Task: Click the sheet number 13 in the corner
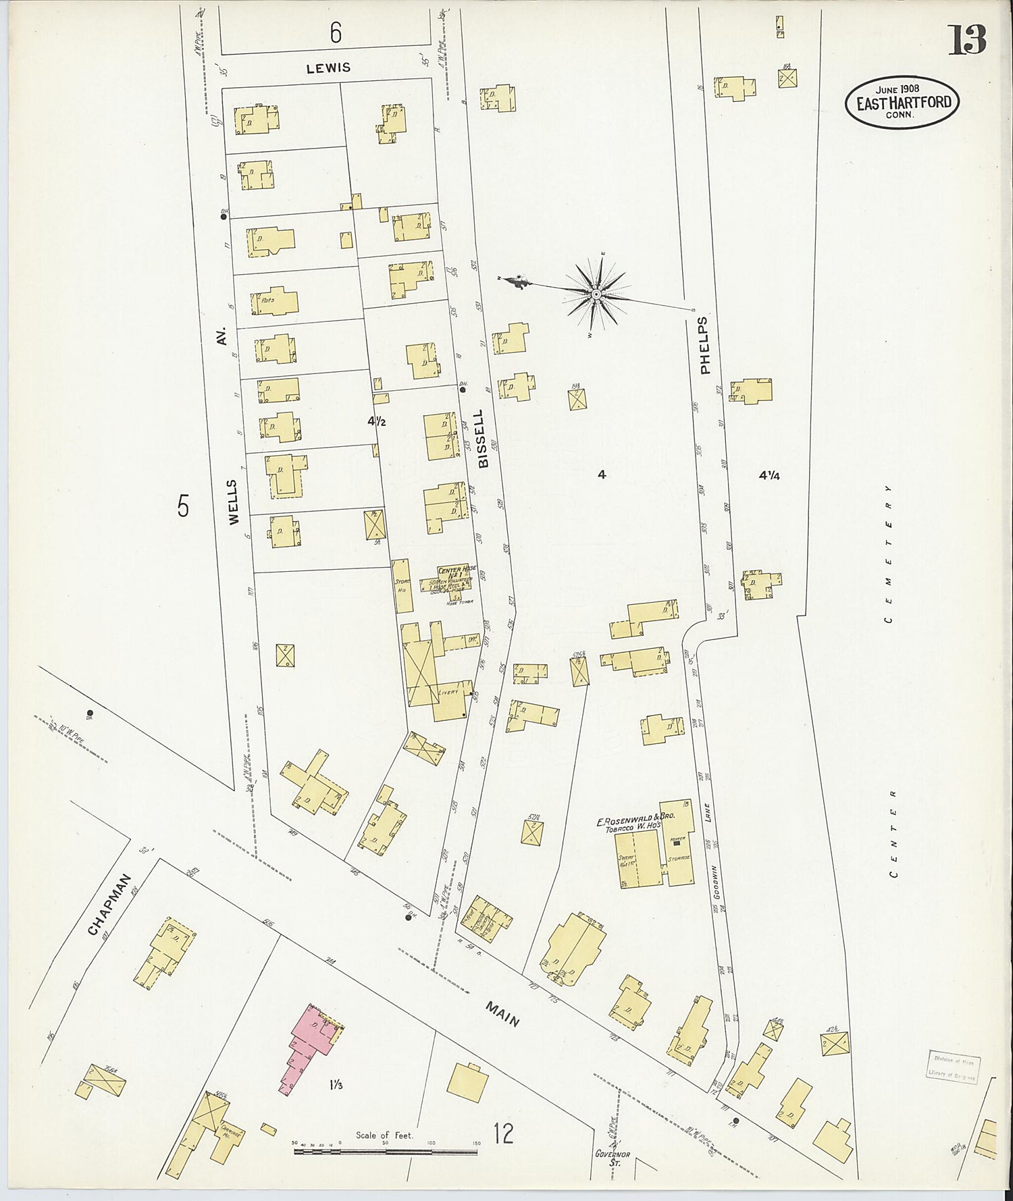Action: pos(967,41)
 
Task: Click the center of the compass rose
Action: pos(596,295)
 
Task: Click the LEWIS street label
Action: pos(328,68)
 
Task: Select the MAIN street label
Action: pos(502,1013)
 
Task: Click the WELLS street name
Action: pos(233,502)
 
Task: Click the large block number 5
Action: pos(183,505)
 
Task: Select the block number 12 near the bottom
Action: pos(503,1133)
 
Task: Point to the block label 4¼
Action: pos(769,475)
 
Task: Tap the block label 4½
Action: pos(376,421)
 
